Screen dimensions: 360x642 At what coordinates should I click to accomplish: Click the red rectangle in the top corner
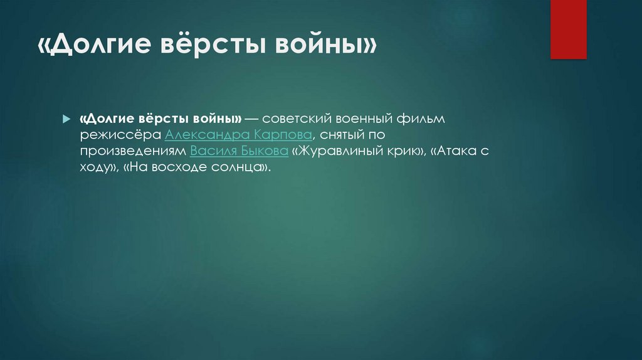tap(569, 29)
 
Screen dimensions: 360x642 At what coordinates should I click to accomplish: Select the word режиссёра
tap(120, 135)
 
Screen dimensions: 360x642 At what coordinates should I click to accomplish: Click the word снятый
tap(342, 135)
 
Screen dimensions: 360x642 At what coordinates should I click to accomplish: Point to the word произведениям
tap(132, 152)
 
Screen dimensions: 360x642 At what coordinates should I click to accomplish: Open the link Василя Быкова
tap(239, 152)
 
